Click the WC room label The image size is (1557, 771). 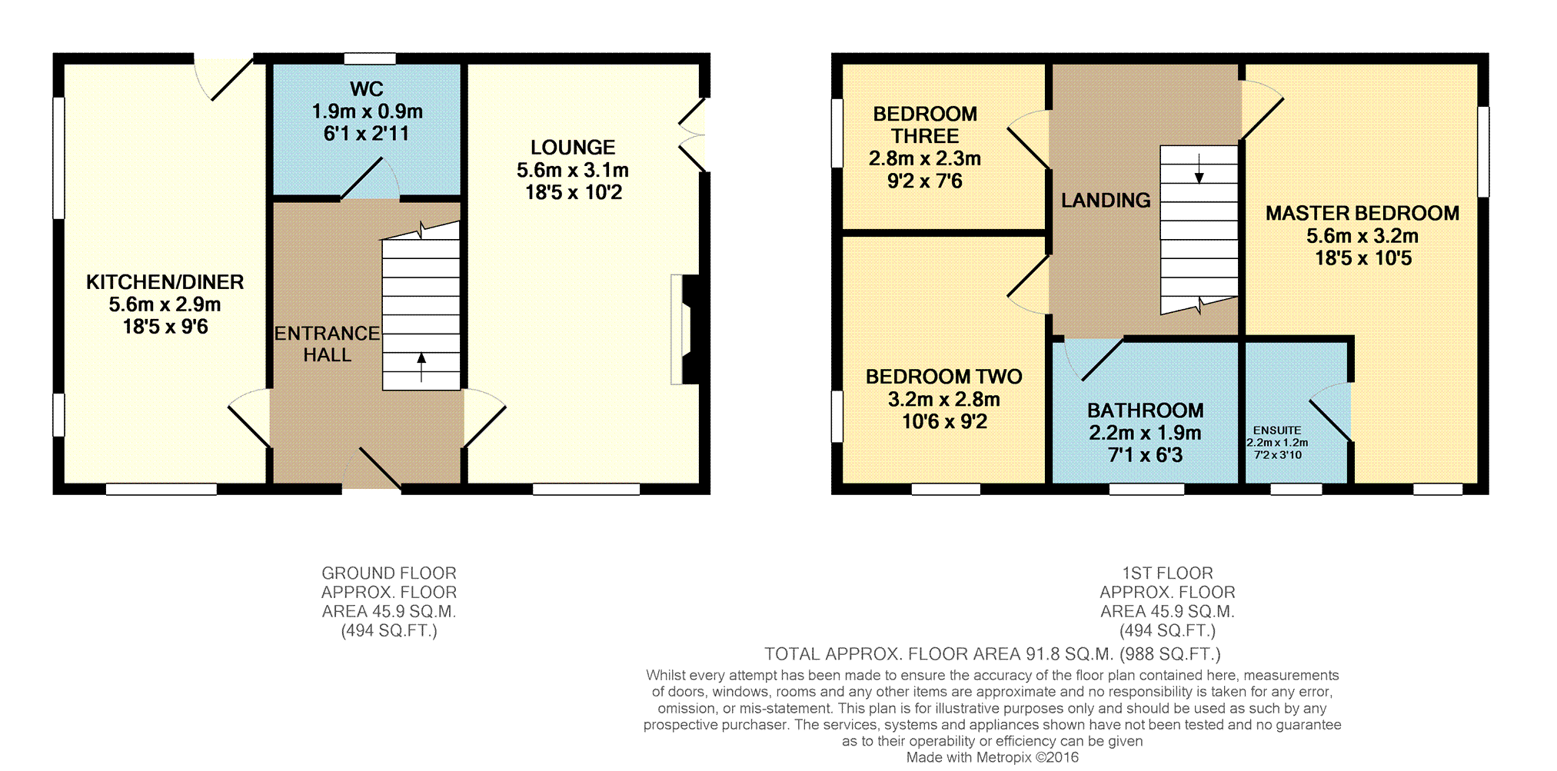[x=367, y=89]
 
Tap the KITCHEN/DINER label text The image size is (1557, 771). [x=165, y=282]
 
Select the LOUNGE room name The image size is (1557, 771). [x=573, y=148]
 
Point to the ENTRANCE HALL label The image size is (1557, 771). [x=327, y=344]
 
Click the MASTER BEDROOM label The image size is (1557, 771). [x=1362, y=213]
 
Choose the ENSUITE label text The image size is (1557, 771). [x=1277, y=430]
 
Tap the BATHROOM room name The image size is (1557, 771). [x=1146, y=410]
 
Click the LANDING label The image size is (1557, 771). [x=1106, y=200]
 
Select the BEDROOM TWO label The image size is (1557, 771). [x=944, y=377]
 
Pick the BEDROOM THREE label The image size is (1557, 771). [x=925, y=125]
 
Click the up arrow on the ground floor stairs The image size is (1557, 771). [x=421, y=367]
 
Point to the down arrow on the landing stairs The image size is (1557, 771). [x=1199, y=168]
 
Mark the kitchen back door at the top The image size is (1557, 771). [x=224, y=78]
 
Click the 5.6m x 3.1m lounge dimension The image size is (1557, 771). [x=573, y=170]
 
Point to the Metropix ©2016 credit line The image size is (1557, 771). [x=992, y=757]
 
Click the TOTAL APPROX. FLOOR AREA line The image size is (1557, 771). [x=992, y=654]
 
